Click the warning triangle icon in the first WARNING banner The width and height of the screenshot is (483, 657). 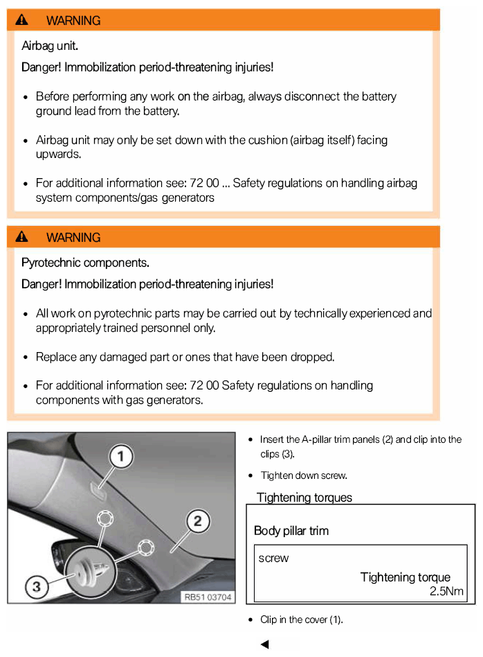click(22, 20)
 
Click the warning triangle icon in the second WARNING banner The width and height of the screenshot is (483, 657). click(22, 237)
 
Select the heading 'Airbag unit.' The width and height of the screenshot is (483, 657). click(50, 46)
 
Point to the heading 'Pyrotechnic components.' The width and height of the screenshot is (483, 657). click(85, 263)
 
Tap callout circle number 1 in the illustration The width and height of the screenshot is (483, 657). click(120, 457)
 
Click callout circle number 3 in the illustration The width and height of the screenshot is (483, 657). click(37, 587)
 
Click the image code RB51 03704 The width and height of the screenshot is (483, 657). click(208, 596)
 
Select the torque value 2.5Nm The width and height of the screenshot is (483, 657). click(446, 591)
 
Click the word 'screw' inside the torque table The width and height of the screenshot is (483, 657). click(273, 558)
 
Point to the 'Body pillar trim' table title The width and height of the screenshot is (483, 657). click(291, 531)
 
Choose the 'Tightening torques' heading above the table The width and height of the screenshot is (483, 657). click(304, 498)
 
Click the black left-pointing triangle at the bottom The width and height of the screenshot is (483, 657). click(264, 645)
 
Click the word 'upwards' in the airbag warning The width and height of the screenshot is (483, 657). click(58, 154)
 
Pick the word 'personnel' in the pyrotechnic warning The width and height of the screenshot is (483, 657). click(190, 328)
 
